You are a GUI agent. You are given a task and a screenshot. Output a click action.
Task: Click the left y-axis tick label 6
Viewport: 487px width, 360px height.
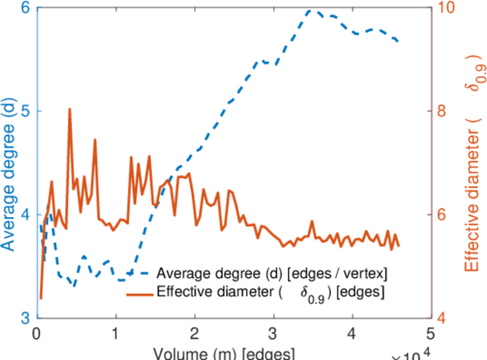click(x=27, y=8)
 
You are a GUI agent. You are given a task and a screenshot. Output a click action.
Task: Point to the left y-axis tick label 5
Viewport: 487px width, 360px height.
click(x=27, y=112)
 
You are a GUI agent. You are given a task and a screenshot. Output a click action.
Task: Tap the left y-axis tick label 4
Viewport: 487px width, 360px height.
click(x=27, y=215)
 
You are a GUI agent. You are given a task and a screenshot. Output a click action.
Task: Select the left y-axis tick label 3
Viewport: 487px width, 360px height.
click(x=27, y=318)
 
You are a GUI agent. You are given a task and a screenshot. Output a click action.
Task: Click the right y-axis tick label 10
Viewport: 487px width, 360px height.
click(x=445, y=8)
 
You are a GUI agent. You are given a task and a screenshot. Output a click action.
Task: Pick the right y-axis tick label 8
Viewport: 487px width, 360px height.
click(x=441, y=112)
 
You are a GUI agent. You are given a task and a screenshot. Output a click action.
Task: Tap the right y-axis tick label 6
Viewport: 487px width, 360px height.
click(x=441, y=215)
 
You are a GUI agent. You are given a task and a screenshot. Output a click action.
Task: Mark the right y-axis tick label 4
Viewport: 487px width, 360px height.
click(x=441, y=318)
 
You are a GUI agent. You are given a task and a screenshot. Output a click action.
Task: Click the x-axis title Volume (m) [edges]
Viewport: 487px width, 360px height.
click(x=223, y=353)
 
